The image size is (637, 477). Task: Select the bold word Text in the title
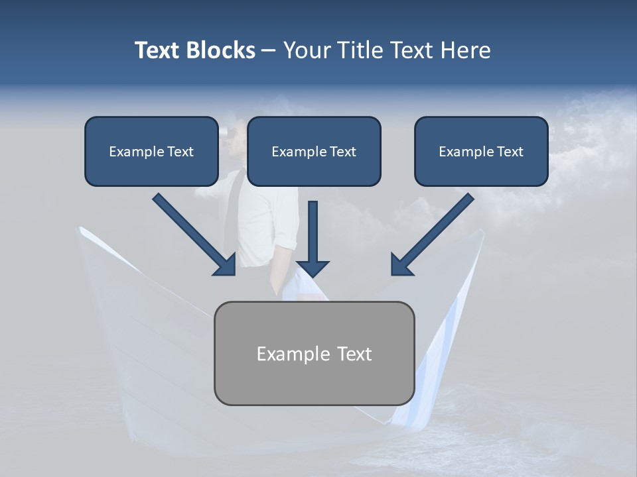(159, 50)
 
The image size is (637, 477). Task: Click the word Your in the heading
(306, 50)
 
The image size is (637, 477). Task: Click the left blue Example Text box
(151, 151)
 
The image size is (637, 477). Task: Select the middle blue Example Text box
(314, 151)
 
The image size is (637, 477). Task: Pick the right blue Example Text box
(481, 151)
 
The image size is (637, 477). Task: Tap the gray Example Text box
(314, 353)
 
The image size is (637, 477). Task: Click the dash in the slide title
(269, 51)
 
